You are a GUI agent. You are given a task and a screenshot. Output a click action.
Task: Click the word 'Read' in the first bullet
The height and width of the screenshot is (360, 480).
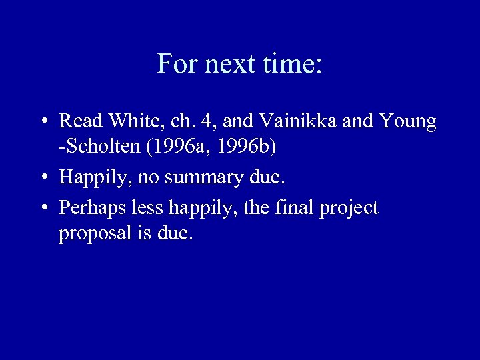tap(79, 121)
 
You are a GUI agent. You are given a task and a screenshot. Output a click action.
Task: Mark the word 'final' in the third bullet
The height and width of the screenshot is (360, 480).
tap(293, 208)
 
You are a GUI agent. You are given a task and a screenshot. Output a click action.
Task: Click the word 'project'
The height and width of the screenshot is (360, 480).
tap(349, 209)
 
